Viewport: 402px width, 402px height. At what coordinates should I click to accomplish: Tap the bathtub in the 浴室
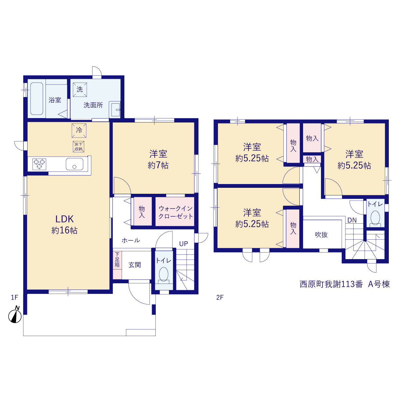click(37, 99)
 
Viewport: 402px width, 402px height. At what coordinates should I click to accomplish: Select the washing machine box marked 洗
click(80, 90)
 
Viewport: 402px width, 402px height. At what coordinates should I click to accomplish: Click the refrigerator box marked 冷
click(79, 131)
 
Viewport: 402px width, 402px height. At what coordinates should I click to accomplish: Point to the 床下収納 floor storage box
click(79, 147)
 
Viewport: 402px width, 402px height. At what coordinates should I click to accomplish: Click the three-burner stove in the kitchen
click(39, 164)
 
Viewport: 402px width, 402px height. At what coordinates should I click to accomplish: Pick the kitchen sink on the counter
click(74, 164)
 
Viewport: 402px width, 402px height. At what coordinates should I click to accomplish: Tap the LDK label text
click(64, 219)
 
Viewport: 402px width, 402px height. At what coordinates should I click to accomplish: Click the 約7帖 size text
click(158, 166)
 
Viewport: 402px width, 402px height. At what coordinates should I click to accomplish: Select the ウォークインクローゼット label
click(176, 212)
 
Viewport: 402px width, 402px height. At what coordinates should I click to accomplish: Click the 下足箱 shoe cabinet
click(117, 265)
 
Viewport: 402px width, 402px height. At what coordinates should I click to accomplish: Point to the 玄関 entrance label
click(134, 265)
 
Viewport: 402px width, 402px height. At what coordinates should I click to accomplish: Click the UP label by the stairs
click(184, 244)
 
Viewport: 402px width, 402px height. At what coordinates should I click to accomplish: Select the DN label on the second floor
click(352, 220)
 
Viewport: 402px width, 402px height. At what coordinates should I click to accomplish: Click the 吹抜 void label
click(321, 235)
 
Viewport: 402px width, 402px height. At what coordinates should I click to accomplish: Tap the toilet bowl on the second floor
click(375, 219)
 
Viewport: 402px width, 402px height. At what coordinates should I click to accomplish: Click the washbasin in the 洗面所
click(115, 110)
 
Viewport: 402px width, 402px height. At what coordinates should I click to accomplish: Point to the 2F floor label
click(220, 297)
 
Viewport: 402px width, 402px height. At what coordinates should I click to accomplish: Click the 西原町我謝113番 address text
click(331, 284)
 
